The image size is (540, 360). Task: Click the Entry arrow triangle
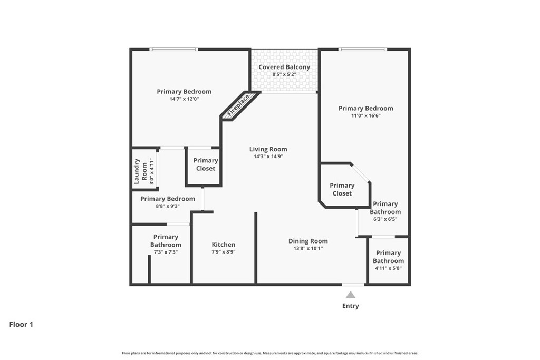350,295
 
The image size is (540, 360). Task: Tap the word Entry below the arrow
350,306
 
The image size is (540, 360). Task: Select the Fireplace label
238,105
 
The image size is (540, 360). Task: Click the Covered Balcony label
284,67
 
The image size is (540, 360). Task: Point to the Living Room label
268,149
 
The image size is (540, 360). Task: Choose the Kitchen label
224,245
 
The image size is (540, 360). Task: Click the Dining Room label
308,241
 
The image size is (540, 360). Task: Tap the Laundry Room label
140,171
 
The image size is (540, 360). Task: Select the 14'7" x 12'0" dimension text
184,99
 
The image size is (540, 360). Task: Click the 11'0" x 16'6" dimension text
366,115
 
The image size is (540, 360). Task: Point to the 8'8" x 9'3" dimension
168,206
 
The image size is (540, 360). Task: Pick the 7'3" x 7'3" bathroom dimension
166,252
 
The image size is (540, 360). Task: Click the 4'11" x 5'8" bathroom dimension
388,268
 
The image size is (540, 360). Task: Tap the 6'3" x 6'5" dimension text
385,219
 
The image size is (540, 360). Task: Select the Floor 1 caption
21,324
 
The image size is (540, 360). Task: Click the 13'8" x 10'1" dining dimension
308,248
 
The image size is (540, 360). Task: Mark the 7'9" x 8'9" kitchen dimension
224,251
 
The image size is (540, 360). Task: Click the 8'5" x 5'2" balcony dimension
284,74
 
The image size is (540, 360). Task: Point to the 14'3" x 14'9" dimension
268,156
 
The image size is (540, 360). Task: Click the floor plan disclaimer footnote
270,353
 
